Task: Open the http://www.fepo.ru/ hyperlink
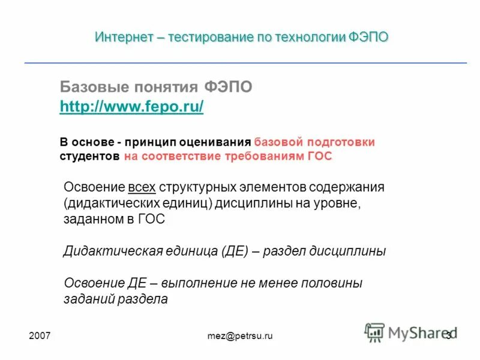click(x=132, y=107)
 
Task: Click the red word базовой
click(x=278, y=142)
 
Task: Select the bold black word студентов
click(x=89, y=156)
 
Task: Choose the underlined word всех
click(x=142, y=187)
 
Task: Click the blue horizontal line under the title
click(x=245, y=62)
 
